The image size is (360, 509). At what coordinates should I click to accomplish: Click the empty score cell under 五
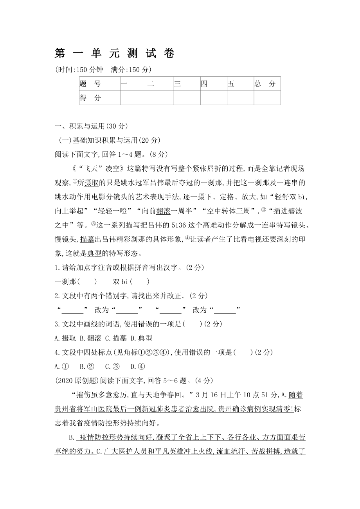(x=240, y=98)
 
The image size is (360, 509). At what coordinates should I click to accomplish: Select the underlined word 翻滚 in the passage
(x=163, y=211)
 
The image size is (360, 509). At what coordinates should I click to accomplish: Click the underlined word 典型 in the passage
(x=94, y=253)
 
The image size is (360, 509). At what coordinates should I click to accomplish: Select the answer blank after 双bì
(x=140, y=281)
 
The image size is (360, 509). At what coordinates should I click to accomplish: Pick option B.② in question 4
(x=86, y=366)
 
